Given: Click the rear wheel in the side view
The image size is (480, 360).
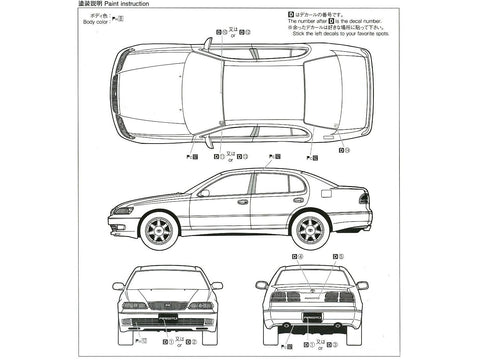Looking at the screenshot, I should pyautogui.click(x=307, y=227).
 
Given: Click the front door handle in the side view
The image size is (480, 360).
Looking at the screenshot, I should pyautogui.click(x=243, y=203).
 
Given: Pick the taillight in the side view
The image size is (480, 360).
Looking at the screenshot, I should pyautogui.click(x=364, y=197).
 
